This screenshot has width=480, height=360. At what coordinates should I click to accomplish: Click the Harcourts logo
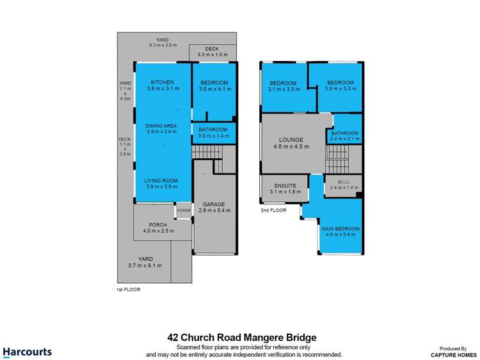coord(27,352)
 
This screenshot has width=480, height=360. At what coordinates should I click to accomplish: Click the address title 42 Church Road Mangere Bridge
coord(242,337)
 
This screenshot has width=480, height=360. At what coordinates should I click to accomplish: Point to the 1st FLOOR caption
coord(128,290)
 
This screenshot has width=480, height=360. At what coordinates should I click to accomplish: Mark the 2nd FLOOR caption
coord(272,210)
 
